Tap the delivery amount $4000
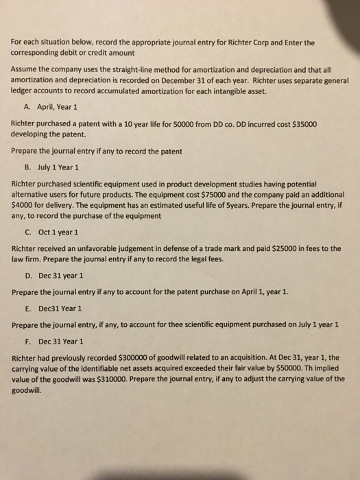tap(25, 203)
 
